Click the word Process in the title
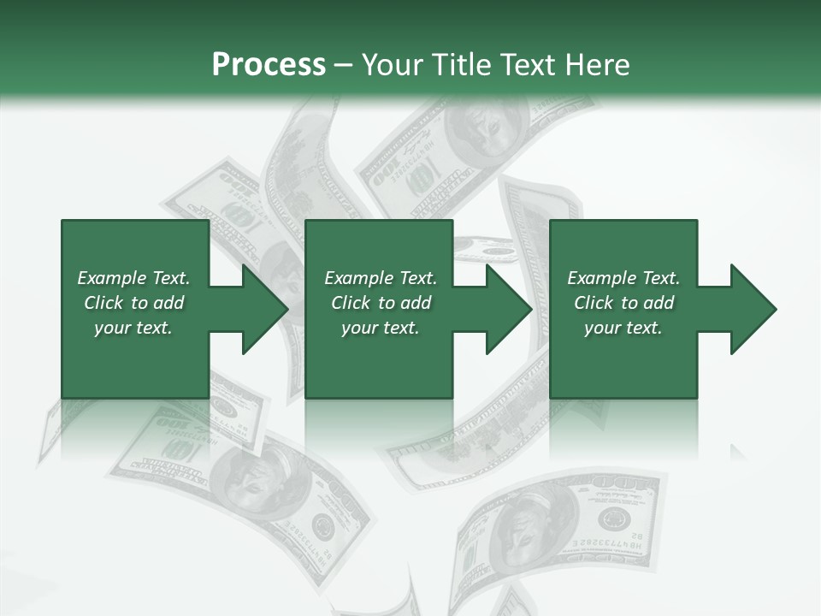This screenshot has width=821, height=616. click(x=269, y=65)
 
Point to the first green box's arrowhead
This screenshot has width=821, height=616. click(x=265, y=309)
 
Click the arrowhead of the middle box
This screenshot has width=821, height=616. click(x=509, y=309)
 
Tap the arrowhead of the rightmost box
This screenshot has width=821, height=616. click(x=753, y=309)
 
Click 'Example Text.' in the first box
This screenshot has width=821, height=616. click(x=133, y=278)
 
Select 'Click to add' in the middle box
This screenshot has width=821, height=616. click(x=381, y=303)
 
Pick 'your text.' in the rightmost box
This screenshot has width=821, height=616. click(x=623, y=328)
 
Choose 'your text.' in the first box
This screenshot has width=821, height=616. click(x=133, y=328)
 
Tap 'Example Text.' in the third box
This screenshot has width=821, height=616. click(x=623, y=278)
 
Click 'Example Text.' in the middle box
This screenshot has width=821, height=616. click(x=381, y=278)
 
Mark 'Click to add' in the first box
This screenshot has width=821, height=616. click(x=133, y=303)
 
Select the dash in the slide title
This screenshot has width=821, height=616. click(x=343, y=65)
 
